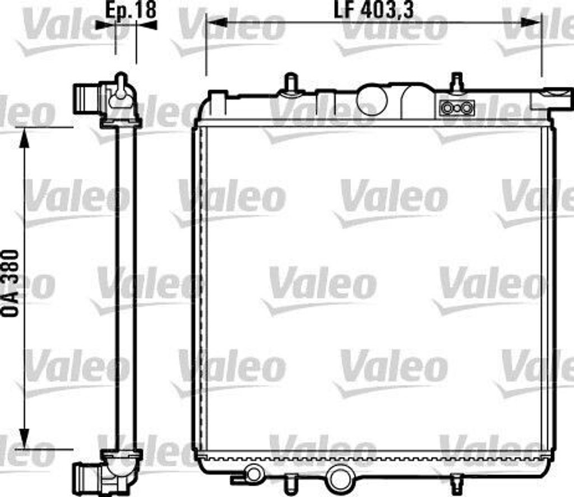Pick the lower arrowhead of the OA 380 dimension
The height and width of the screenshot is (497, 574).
click(x=24, y=438)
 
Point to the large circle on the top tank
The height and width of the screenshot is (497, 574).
click(x=372, y=100)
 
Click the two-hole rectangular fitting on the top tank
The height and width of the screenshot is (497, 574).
click(x=457, y=107)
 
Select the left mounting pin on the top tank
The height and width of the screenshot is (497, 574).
click(x=290, y=82)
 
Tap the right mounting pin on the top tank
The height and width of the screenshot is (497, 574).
click(x=457, y=82)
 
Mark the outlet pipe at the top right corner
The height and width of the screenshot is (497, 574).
click(x=552, y=99)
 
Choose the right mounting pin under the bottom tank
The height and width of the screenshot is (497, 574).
click(x=457, y=483)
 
